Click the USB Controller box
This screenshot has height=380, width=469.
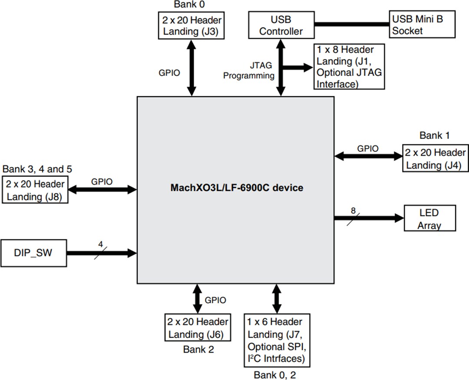(281, 25)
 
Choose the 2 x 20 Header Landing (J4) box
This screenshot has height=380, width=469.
(435, 159)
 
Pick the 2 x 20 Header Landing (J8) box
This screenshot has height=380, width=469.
(35, 190)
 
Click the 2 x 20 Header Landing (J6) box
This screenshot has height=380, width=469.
(198, 328)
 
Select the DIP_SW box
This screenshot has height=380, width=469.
(33, 252)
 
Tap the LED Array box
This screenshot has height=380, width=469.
(429, 219)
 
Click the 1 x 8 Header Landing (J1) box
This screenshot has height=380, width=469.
(349, 66)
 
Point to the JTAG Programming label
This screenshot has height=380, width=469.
(249, 71)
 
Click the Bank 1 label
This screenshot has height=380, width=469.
(434, 136)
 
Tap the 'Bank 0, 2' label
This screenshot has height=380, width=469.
(275, 374)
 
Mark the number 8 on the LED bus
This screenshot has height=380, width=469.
(353, 211)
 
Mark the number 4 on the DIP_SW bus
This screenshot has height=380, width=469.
(100, 244)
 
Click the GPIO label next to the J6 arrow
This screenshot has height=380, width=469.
(215, 300)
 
